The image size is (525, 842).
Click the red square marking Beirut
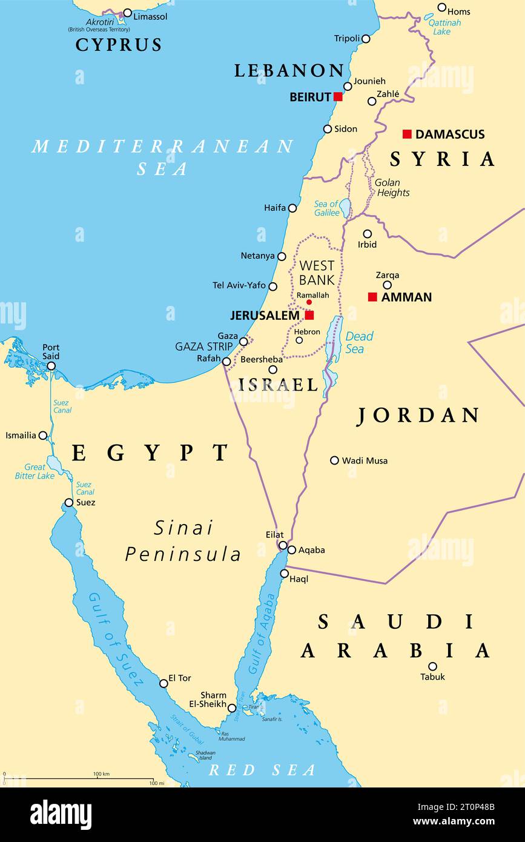click(x=338, y=97)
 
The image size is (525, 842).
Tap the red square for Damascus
click(x=407, y=134)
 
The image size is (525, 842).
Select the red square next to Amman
click(x=372, y=297)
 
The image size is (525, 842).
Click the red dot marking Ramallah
click(x=309, y=302)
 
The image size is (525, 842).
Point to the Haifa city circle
click(x=292, y=208)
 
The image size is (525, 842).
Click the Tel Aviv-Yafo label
click(x=239, y=285)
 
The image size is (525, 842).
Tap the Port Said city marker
click(x=51, y=366)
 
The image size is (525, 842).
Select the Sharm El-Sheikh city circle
click(x=232, y=708)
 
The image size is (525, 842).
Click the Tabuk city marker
click(x=432, y=666)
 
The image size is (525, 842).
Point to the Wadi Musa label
click(x=365, y=460)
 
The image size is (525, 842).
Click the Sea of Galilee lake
click(x=345, y=208)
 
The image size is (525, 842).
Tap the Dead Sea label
click(x=358, y=342)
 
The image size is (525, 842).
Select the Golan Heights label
click(x=392, y=188)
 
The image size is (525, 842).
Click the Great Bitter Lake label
click(x=35, y=471)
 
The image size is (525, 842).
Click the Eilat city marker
click(x=283, y=545)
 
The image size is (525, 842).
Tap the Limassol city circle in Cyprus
click(x=127, y=13)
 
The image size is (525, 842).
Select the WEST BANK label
click(x=317, y=273)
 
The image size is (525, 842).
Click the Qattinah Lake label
click(x=444, y=27)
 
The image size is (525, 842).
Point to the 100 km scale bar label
click(x=101, y=774)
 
